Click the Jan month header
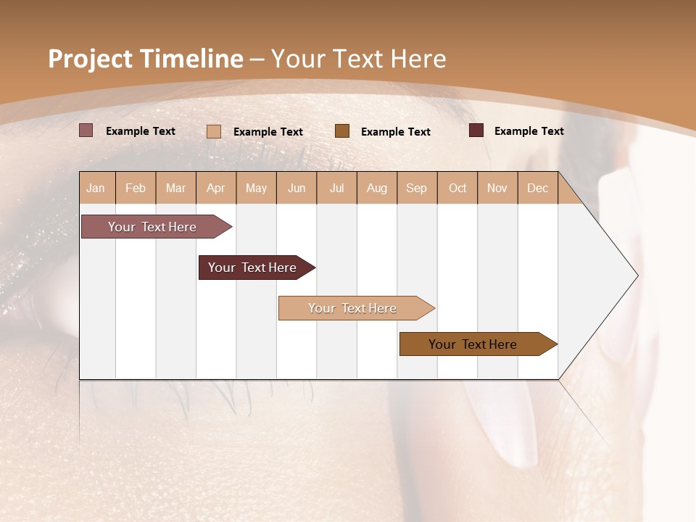[x=96, y=188]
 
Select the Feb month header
[x=136, y=188]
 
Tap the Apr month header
[x=216, y=188]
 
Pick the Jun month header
[x=297, y=188]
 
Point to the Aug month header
[x=377, y=188]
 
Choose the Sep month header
[x=417, y=188]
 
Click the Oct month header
[x=457, y=188]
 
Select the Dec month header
[x=538, y=188]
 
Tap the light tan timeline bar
[x=354, y=308]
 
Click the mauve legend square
[x=86, y=130]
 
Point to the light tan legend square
[x=214, y=131]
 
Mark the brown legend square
[x=342, y=131]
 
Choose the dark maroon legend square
[x=476, y=130]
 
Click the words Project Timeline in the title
[x=145, y=59]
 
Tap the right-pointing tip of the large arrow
[x=636, y=275]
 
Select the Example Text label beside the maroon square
[x=529, y=131]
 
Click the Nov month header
[x=497, y=188]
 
